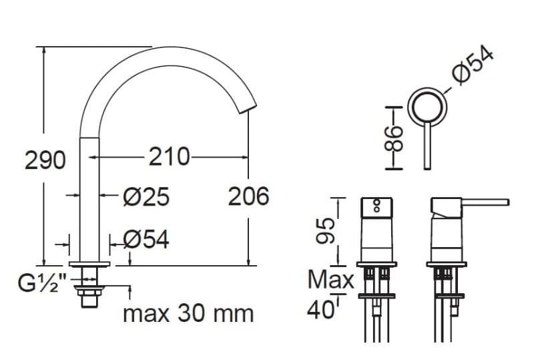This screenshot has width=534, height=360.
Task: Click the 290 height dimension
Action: [45, 160]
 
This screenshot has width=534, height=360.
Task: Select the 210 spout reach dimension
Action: [169, 157]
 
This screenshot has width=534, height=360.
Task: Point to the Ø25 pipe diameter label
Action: [146, 197]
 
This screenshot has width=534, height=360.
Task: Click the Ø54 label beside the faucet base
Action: [146, 239]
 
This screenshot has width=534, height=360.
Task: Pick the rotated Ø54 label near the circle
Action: [473, 65]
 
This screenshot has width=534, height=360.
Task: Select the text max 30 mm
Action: [188, 314]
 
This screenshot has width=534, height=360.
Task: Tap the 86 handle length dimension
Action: [393, 138]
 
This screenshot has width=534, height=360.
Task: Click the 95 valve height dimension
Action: [325, 231]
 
